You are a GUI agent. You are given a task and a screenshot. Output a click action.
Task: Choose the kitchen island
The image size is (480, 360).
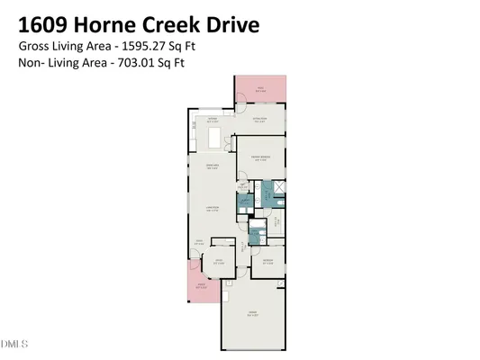click(215, 137)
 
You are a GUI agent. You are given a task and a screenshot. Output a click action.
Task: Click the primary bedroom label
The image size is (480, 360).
click(261, 158)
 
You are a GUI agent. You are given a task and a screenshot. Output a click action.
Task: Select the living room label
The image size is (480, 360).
click(214, 210)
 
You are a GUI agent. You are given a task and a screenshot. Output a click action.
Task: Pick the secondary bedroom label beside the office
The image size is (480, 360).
click(267, 262)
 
